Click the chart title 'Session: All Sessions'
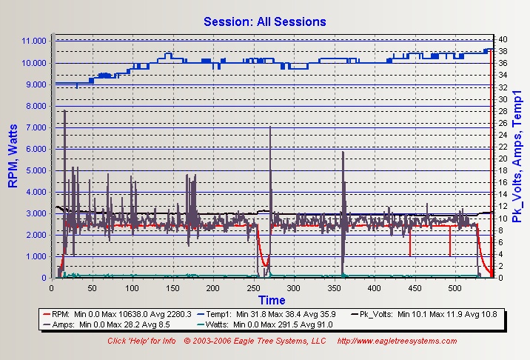(265, 21)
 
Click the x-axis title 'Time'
(272, 300)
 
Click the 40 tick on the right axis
(502, 39)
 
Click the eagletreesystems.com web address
(397, 341)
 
